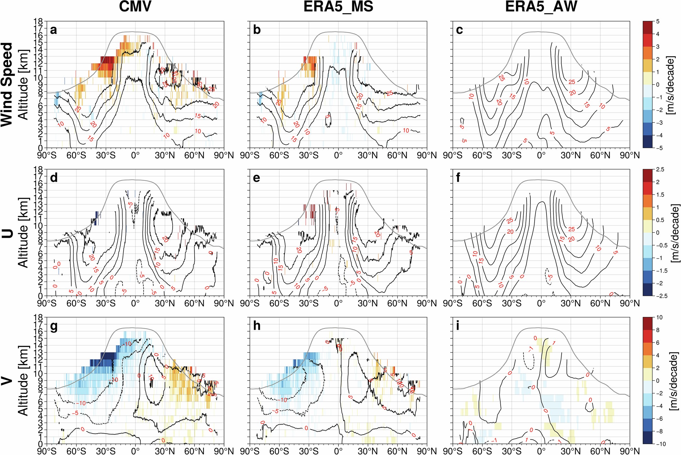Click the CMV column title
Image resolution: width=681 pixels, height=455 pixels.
pos(135,7)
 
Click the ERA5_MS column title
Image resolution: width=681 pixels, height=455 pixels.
pos(338,7)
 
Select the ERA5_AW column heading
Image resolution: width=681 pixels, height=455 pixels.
pos(541,7)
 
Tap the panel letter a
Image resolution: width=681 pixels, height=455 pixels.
pos(54,30)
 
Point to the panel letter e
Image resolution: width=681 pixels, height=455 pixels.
pos(257,178)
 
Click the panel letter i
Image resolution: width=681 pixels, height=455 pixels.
pos(458,326)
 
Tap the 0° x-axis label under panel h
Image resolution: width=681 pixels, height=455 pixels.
pos(338,451)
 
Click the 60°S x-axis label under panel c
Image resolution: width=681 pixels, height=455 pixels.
pos(482,155)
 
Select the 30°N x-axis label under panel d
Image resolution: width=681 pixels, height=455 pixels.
pos(165,303)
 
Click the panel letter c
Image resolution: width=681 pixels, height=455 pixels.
pos(459,30)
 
